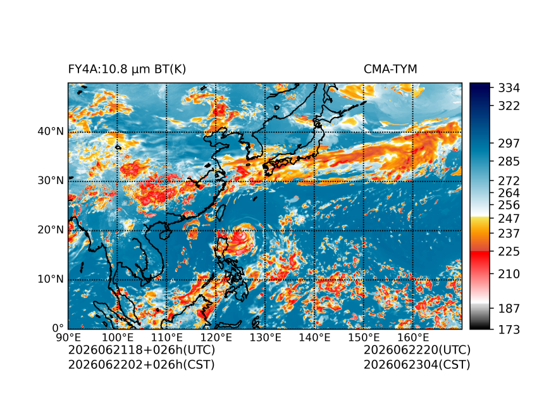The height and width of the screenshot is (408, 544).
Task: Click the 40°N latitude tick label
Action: click(51, 132)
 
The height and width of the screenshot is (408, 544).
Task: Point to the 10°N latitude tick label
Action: click(51, 279)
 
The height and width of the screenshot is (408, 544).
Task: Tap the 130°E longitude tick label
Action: click(266, 337)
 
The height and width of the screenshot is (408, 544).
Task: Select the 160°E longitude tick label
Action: click(413, 337)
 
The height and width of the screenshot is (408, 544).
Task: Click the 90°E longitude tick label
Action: click(68, 337)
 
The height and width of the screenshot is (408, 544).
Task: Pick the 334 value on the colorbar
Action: click(509, 88)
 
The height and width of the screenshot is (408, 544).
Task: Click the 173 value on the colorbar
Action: click(509, 329)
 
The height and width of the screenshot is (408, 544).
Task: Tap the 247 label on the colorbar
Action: click(509, 219)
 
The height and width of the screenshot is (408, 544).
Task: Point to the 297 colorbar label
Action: click(509, 144)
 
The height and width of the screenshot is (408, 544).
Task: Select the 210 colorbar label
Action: click(509, 274)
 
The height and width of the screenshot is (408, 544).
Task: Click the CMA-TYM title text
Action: click(390, 70)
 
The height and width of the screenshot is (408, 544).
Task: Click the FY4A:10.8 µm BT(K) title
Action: click(127, 70)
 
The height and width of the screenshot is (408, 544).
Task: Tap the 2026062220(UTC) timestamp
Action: click(417, 350)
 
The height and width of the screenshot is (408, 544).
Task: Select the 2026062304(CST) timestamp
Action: click(417, 364)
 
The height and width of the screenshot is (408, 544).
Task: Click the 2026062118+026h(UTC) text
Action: click(142, 350)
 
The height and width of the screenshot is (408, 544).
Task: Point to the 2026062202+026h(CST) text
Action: click(142, 364)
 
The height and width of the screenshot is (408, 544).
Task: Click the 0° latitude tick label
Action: click(58, 328)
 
